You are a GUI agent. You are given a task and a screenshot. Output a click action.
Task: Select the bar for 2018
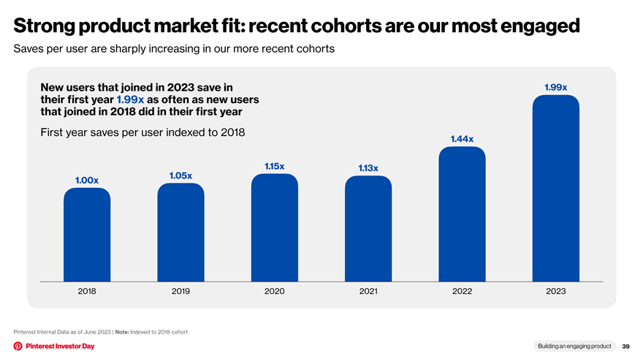87,235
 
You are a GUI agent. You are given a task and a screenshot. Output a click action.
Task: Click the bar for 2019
181,233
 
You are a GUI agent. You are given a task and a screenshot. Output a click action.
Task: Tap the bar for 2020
275,227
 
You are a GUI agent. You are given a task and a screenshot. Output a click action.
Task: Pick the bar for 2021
368,229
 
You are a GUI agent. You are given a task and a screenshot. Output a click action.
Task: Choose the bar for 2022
462,214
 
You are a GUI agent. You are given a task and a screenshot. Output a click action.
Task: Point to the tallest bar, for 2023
556,189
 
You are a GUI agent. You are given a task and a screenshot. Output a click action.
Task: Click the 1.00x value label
87,180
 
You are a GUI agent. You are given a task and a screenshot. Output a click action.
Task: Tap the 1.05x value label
181,176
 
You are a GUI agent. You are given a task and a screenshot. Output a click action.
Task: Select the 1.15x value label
274,166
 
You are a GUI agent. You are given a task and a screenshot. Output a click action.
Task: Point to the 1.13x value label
368,168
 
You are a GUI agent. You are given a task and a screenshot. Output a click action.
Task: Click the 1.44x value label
462,139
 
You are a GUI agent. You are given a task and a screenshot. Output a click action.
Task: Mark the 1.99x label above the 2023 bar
556,88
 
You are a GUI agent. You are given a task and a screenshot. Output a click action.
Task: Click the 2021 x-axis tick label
368,291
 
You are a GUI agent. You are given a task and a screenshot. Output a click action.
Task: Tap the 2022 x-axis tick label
462,291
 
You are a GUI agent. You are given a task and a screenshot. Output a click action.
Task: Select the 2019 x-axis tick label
181,291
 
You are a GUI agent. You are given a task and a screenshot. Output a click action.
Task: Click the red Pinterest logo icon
18,346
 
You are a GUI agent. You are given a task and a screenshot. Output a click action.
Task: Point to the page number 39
625,347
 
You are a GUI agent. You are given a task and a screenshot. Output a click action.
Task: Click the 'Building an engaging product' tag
574,346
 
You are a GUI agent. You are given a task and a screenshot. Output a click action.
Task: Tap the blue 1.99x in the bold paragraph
130,99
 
